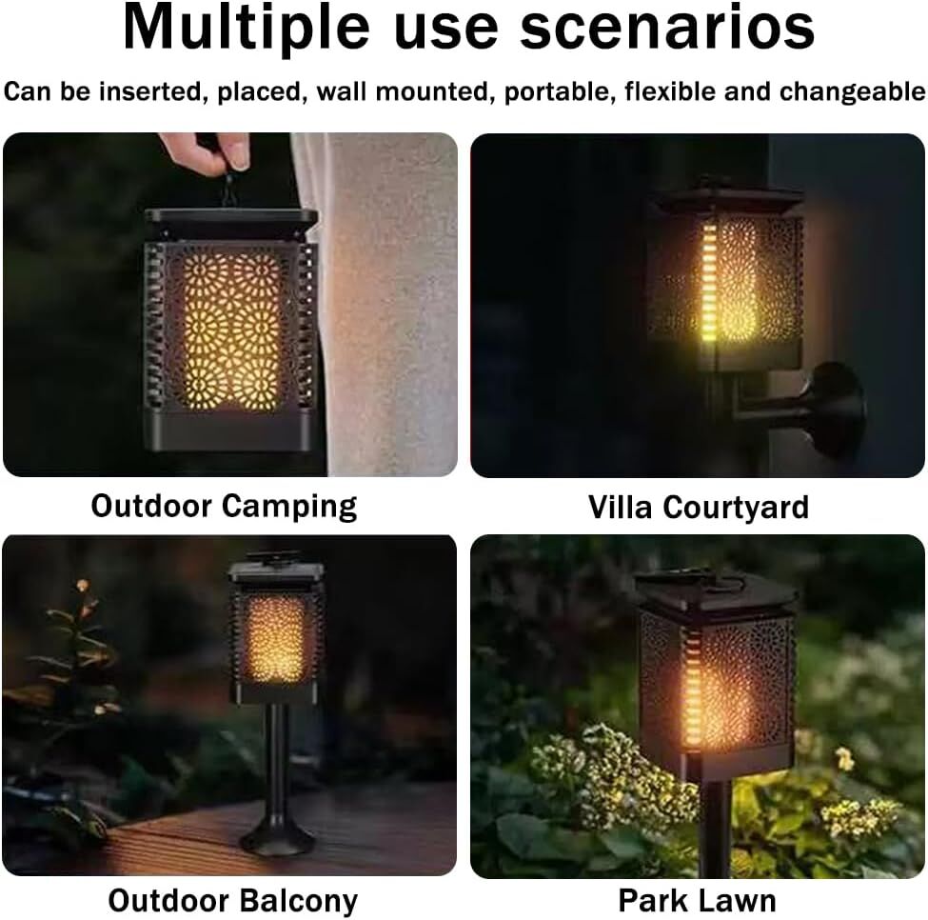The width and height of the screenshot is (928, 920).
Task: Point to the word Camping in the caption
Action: (290, 507)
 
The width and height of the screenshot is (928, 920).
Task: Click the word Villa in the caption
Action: (621, 507)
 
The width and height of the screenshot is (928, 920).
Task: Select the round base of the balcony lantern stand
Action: (277, 837)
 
